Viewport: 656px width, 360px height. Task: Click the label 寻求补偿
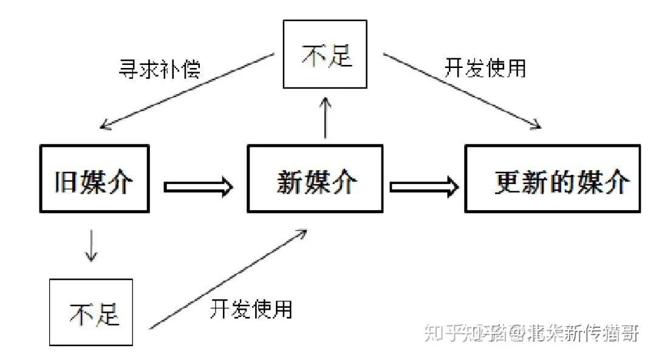click(x=159, y=69)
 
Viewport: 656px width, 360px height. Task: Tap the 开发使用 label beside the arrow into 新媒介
click(x=251, y=308)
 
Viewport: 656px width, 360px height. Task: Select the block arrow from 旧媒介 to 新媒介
click(x=198, y=186)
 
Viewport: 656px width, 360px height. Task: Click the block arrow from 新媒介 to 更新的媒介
click(x=423, y=186)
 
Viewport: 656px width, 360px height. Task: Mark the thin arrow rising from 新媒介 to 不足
click(x=326, y=118)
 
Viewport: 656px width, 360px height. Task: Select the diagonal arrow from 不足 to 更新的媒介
click(x=462, y=91)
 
